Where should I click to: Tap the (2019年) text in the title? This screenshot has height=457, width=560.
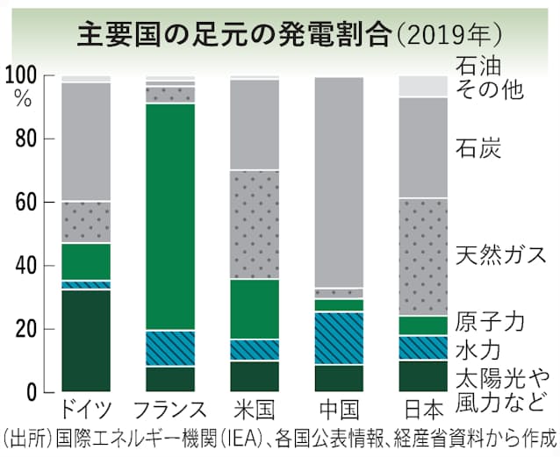tap(449, 33)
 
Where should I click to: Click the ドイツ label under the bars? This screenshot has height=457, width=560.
tap(85, 408)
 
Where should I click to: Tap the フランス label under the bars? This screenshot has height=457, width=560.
tap(170, 408)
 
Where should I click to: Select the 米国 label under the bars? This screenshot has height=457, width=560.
tap(255, 408)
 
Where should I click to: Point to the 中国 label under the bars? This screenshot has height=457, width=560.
tap(339, 408)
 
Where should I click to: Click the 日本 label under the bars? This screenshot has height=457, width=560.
tap(423, 408)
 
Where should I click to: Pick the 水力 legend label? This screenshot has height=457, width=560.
tap(478, 350)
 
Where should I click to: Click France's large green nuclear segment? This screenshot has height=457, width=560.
tap(170, 215)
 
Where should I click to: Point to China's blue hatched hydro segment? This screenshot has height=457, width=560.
tap(339, 338)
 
